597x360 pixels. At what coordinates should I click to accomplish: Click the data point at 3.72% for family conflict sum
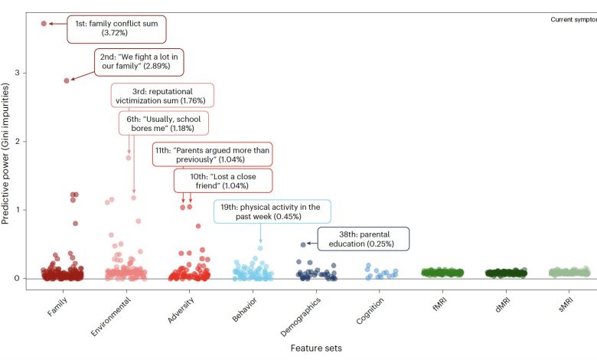tap(44, 24)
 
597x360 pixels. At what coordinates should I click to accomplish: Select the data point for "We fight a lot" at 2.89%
tap(67, 80)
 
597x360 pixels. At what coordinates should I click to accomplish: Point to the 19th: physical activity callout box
tap(271, 212)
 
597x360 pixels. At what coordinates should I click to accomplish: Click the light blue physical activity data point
tap(260, 247)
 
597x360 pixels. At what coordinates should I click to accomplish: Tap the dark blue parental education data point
tap(303, 244)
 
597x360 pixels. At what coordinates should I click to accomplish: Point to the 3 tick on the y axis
tap(26, 73)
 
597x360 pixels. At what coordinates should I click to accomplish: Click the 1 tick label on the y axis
tap(26, 210)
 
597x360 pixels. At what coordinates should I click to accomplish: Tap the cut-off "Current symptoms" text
tap(573, 19)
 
